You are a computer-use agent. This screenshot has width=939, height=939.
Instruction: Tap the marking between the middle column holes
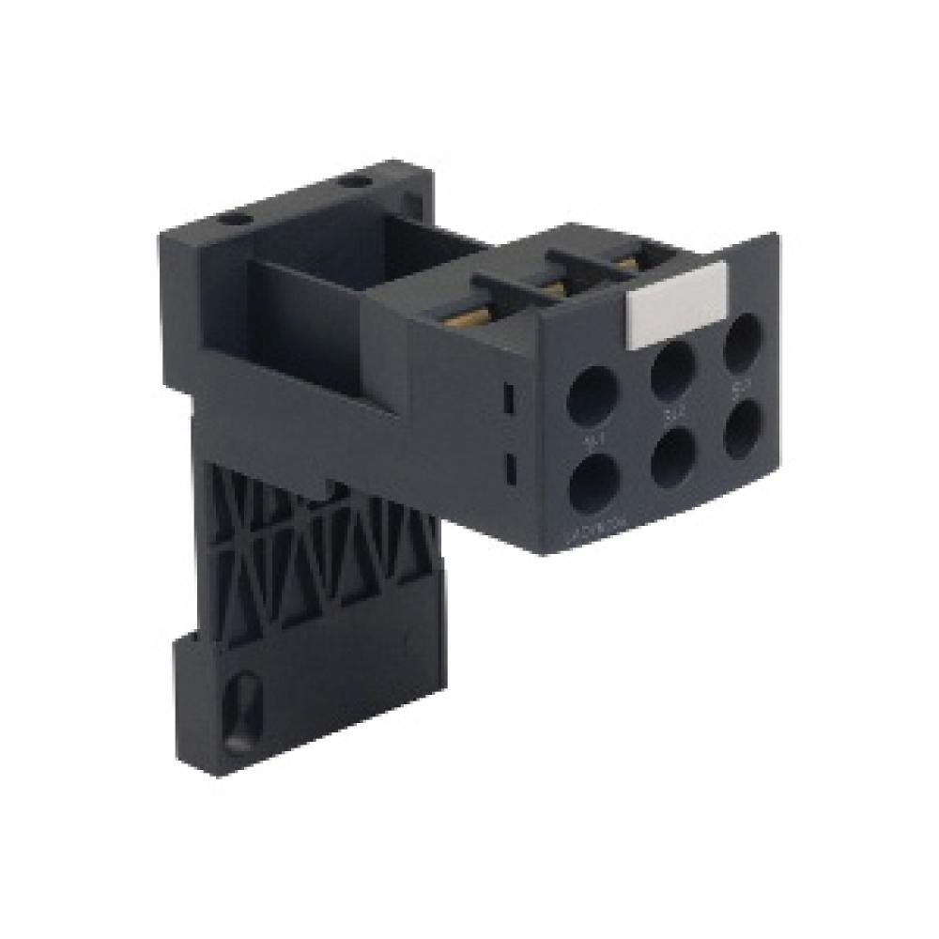671,409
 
